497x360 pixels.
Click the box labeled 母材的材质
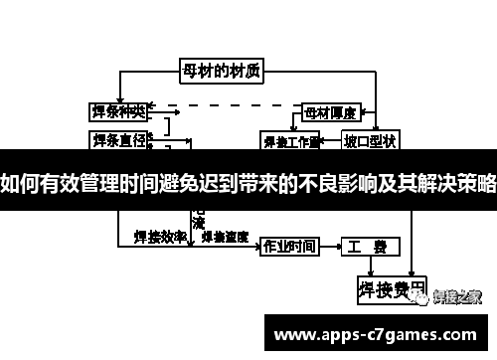(222, 71)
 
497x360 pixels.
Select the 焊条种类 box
(118, 110)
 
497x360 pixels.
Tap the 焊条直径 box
(118, 137)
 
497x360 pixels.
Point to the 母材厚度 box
(329, 110)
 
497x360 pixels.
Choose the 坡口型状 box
(369, 139)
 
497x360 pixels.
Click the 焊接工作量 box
(289, 140)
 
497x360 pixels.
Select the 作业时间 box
(287, 246)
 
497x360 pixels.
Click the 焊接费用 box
(391, 290)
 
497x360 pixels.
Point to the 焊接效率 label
(160, 238)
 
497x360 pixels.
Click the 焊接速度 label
(225, 238)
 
